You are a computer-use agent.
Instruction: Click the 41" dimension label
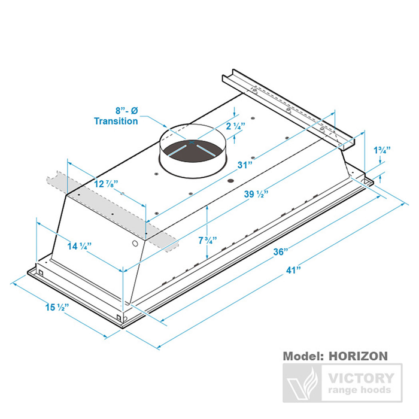[x=293, y=271]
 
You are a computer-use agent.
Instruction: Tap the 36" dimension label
[x=281, y=252]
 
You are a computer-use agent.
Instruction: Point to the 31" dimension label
[x=245, y=165]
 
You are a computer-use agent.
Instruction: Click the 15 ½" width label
[x=57, y=307]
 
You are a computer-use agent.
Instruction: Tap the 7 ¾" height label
[x=207, y=241]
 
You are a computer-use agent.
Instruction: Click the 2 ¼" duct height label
[x=236, y=126]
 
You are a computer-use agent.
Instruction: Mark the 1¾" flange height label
[x=382, y=150]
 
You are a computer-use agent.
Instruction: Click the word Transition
[x=116, y=121]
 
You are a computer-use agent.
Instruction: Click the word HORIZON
[x=358, y=356]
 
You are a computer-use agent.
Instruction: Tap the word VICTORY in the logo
[x=361, y=378]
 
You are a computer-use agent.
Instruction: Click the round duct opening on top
[x=193, y=151]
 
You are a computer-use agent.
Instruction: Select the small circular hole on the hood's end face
[x=135, y=244]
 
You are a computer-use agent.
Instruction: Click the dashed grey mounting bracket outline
[x=113, y=211]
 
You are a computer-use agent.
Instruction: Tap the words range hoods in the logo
[x=360, y=390]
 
